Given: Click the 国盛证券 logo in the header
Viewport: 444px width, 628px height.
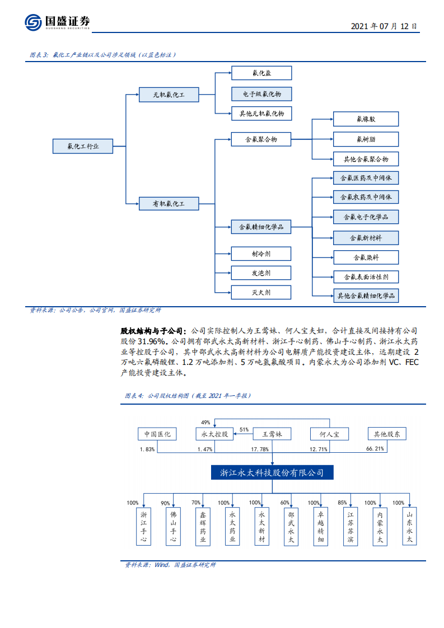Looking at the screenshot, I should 57,22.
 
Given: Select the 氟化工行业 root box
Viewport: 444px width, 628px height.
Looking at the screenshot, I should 83,146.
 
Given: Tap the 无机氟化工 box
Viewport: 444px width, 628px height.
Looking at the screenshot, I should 169,95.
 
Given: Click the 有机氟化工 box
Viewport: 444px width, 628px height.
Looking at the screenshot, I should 169,203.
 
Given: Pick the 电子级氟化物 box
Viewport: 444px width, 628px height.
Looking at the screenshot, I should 261,93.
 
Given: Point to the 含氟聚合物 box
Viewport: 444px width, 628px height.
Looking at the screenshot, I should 261,139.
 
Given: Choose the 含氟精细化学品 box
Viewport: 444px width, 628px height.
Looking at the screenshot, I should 261,227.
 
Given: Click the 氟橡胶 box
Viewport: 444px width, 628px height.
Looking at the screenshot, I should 366,119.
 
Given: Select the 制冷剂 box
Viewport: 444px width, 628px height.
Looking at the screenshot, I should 261,254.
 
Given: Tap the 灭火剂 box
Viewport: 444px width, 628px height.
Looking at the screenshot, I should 261,292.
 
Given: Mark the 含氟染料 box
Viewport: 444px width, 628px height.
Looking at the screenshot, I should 366,257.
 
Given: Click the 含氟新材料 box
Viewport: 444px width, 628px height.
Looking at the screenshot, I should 366,238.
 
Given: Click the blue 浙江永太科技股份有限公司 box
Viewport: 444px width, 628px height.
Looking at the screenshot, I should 272,472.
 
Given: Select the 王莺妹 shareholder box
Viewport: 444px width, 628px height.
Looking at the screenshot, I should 272,434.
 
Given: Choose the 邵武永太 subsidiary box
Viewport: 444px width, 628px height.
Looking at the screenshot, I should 291,527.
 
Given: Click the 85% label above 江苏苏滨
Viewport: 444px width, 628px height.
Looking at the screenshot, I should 343,503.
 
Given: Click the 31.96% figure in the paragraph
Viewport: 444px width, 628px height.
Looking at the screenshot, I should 150,341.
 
